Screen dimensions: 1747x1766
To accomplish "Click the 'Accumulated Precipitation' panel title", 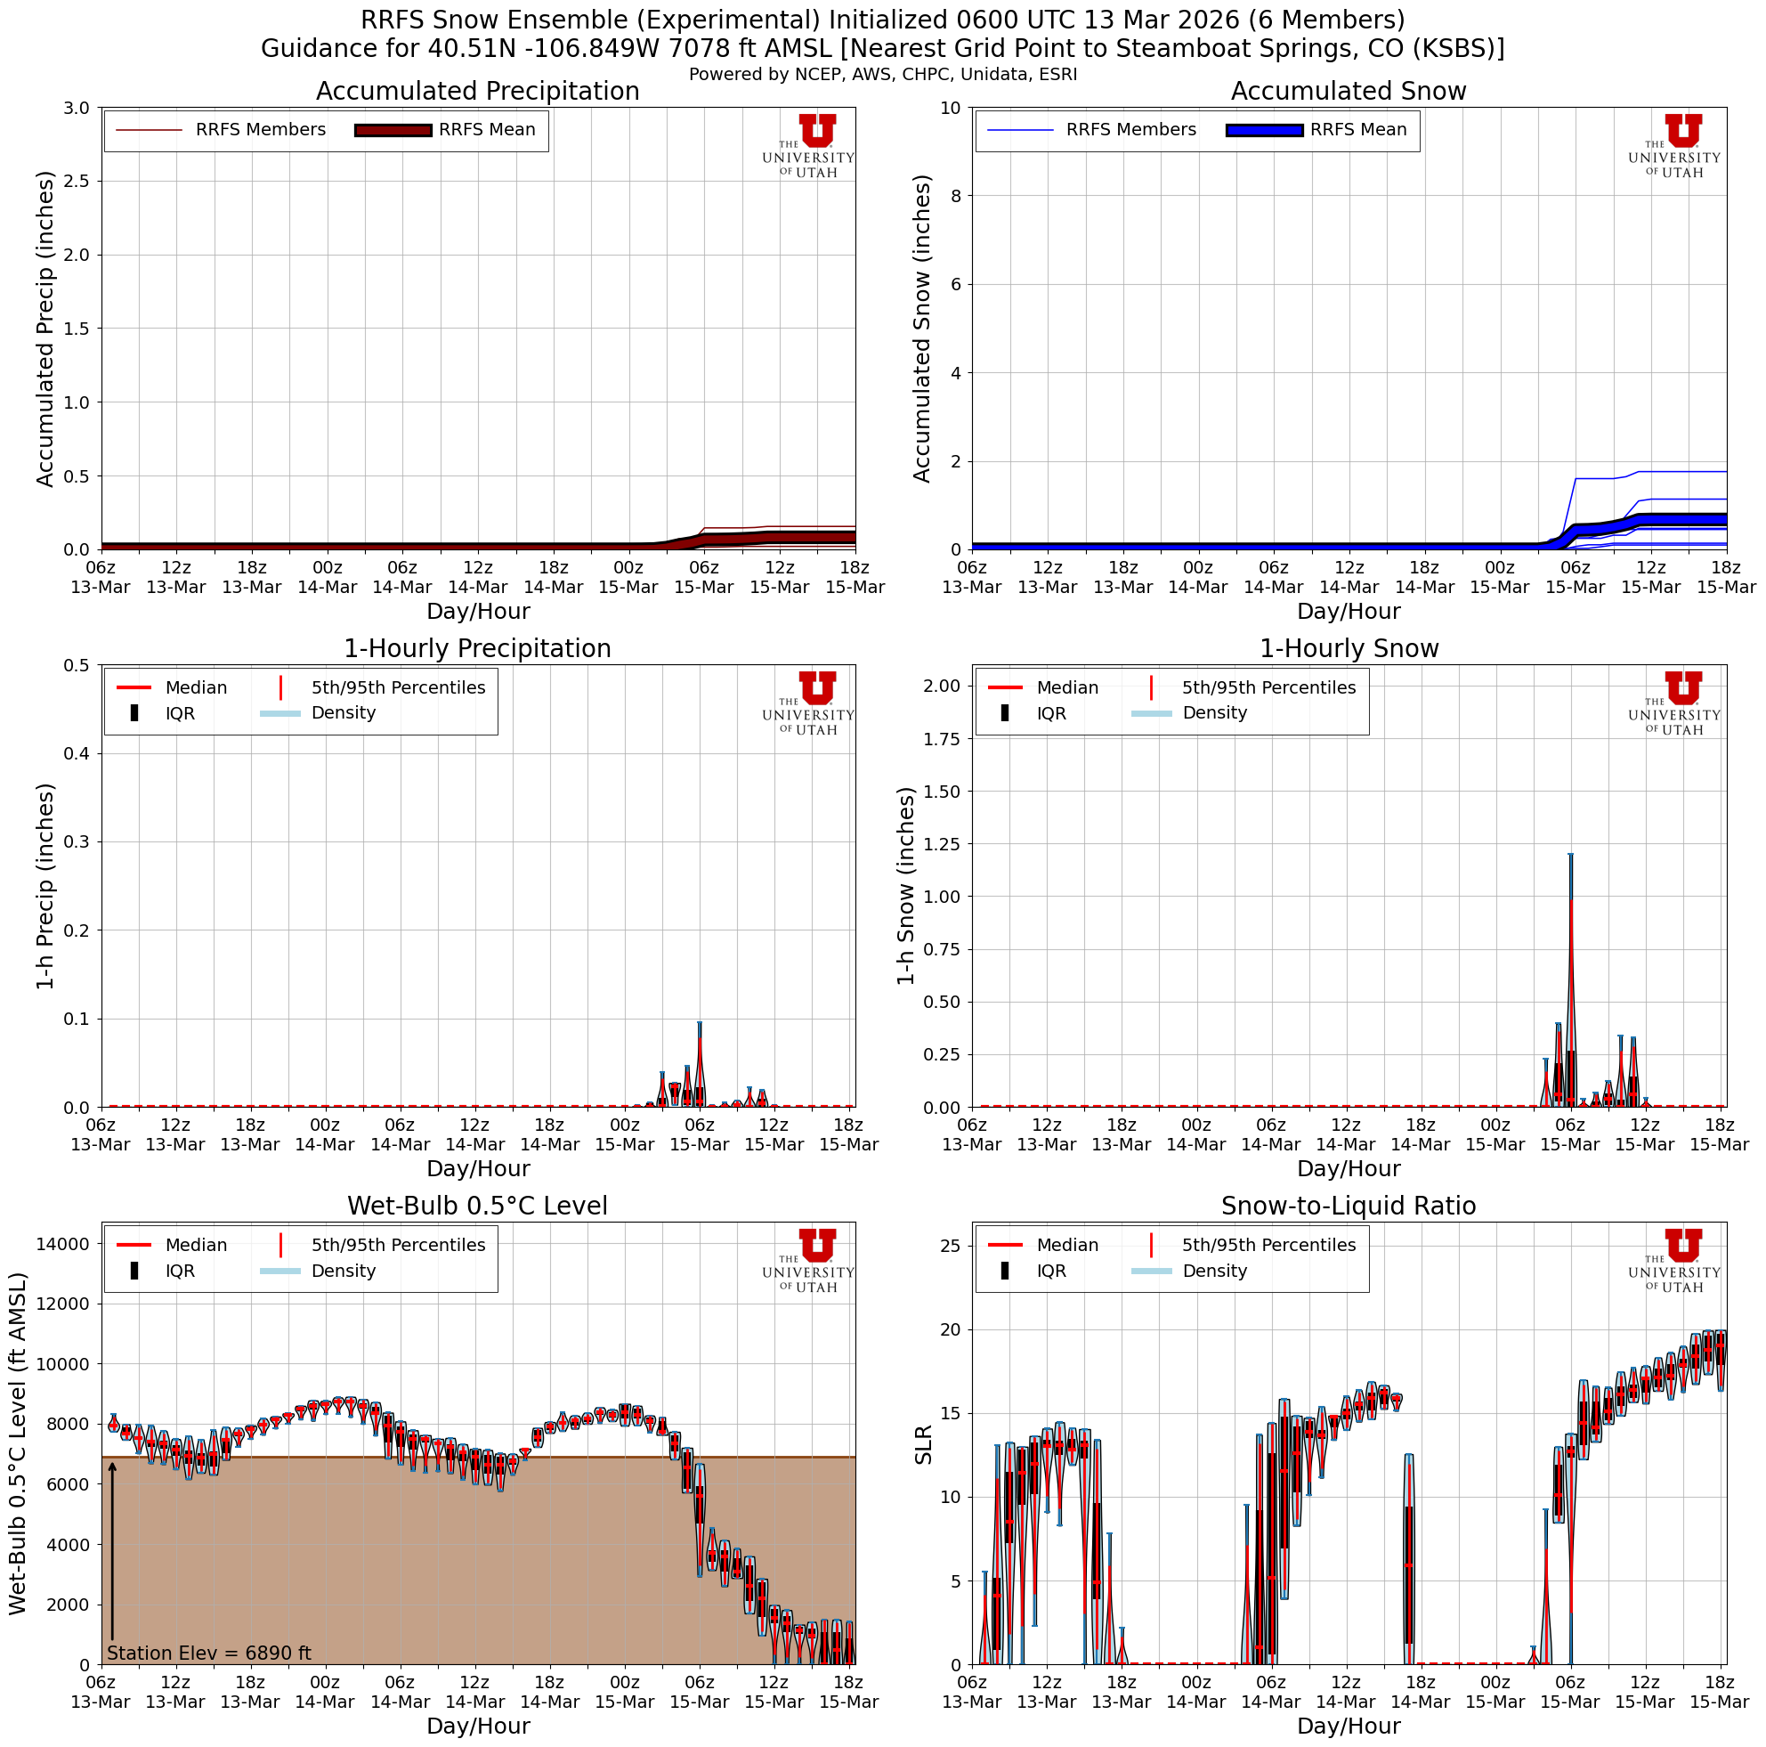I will pos(477,92).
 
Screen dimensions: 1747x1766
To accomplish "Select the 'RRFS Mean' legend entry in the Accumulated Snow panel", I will pos(1357,130).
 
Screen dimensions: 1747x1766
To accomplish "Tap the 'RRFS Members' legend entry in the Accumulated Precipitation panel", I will pos(260,130).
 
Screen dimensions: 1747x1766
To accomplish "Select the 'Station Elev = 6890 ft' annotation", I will pos(208,1653).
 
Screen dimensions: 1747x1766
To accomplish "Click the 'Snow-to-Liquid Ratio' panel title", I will pos(1349,1206).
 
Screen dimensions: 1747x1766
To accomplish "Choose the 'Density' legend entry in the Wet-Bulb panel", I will pos(343,1271).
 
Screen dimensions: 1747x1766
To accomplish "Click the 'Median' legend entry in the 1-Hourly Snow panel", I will pos(1066,687).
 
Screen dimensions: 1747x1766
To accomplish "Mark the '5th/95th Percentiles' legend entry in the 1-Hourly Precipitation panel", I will pos(398,687).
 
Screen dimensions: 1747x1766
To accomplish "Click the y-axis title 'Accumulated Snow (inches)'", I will pos(922,329).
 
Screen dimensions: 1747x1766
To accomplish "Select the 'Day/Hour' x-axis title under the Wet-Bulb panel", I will pos(478,1725).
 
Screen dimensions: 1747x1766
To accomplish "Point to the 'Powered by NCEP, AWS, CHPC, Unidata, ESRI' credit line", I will pos(883,74).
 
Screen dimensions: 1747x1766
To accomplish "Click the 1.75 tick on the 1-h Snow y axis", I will pos(941,739).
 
